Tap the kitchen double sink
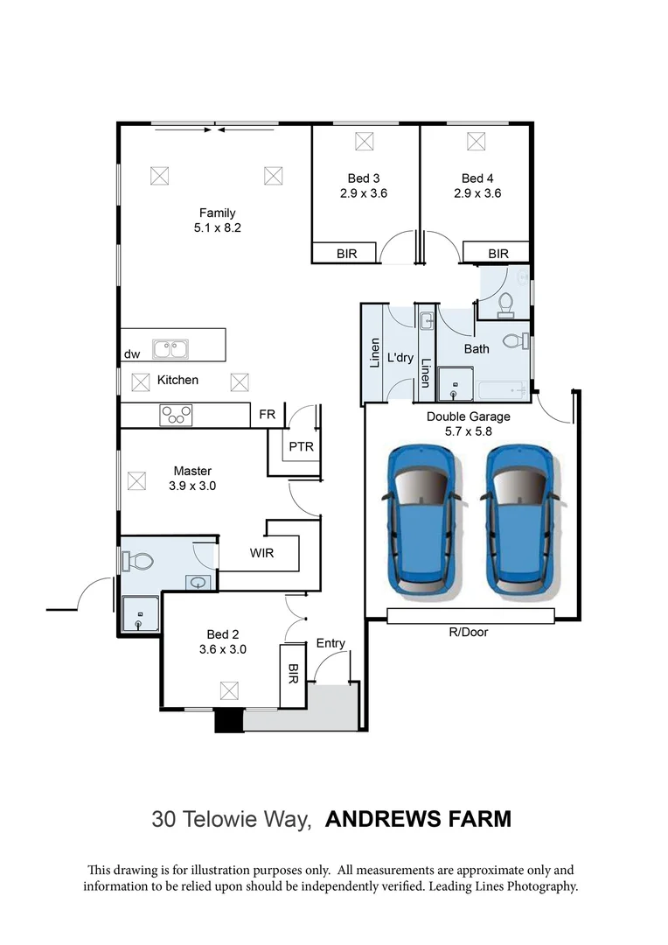coord(172,349)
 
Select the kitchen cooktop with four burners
coord(176,415)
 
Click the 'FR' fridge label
coord(267,415)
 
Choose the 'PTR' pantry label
coord(301,446)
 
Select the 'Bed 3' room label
coord(364,178)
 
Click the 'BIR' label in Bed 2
coord(293,674)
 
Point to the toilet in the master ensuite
coord(136,558)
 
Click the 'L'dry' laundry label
coord(400,358)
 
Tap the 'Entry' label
coord(331,643)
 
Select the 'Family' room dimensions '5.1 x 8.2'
coord(217,227)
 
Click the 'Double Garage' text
coord(468,416)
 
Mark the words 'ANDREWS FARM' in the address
coord(418,819)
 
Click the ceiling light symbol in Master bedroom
coord(136,480)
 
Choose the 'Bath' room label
coord(477,348)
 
